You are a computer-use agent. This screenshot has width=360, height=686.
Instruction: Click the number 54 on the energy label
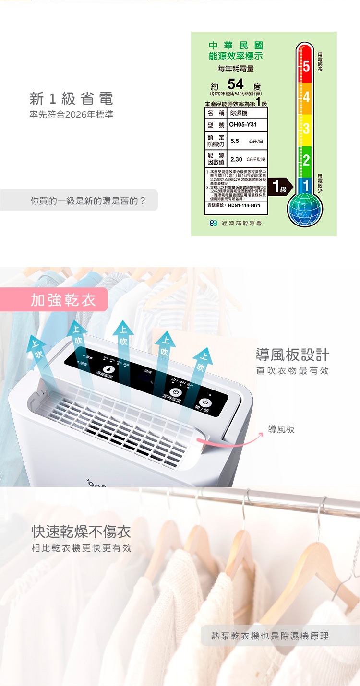[235, 84]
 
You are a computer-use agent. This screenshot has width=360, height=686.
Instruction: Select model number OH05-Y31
[243, 125]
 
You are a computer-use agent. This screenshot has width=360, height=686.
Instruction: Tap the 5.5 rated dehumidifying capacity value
[235, 141]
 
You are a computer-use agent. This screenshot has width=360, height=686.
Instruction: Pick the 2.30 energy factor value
[236, 159]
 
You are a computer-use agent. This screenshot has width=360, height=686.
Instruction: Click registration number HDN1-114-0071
[244, 205]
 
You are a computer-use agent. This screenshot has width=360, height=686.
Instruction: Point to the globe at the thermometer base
[305, 209]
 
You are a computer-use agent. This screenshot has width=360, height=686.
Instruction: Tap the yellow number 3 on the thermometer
[306, 129]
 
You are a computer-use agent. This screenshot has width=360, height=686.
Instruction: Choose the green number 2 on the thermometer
[306, 160]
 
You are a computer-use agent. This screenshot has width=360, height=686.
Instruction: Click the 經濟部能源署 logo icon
[214, 224]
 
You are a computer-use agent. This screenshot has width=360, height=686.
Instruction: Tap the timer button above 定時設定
[174, 391]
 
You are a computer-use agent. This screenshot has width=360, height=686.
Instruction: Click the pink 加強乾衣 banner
[62, 300]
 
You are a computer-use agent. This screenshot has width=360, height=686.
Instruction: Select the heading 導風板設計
[292, 355]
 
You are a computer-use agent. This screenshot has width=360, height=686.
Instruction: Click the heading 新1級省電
[72, 99]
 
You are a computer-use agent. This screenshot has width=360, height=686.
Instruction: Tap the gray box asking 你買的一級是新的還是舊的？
[79, 201]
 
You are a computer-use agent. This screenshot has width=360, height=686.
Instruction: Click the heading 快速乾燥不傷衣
[81, 532]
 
